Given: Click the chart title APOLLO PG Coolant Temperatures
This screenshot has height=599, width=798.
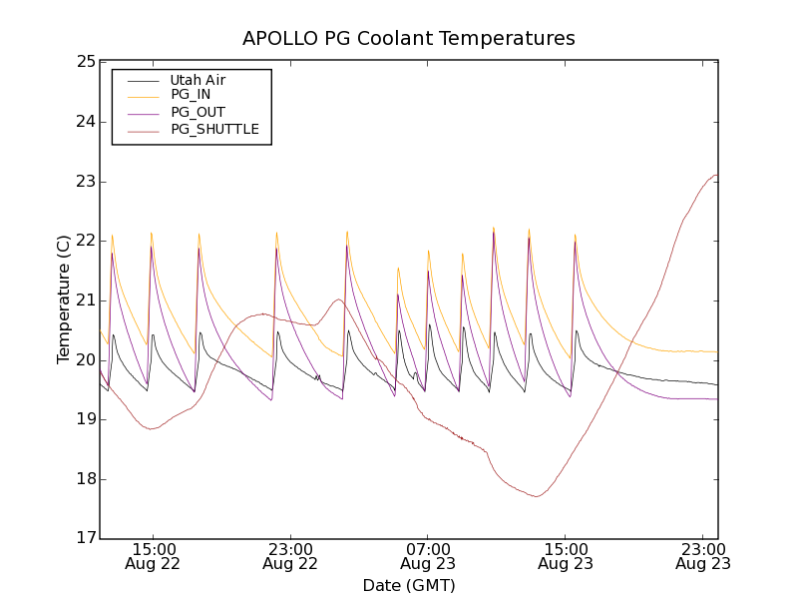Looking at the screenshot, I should point(409,39).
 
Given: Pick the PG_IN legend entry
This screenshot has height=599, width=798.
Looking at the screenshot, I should point(191,95).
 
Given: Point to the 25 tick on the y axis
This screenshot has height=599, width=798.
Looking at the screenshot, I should point(85,62).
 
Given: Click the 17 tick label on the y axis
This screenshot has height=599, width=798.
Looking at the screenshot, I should point(85,539).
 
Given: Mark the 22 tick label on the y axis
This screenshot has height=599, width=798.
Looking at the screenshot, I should point(85,241).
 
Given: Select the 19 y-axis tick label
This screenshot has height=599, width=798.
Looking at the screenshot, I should point(85,419).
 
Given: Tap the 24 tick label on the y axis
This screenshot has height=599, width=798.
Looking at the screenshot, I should point(85,122).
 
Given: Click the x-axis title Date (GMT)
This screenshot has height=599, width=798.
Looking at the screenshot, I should point(409,585).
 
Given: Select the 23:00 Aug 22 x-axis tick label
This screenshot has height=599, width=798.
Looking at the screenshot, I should point(290,556).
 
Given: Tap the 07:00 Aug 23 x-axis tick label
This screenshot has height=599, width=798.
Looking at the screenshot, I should point(428,556).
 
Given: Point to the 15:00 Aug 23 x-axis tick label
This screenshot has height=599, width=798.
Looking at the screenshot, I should point(566,556).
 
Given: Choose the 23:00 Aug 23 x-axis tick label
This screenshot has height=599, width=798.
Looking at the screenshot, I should point(703,556).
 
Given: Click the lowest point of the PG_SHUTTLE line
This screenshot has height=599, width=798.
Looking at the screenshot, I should point(537,496).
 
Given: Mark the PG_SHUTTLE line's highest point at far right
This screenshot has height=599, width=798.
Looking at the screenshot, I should point(715,176).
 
